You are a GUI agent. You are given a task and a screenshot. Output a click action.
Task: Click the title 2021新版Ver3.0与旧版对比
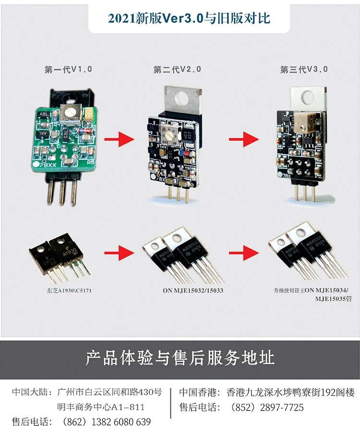tap(189, 18)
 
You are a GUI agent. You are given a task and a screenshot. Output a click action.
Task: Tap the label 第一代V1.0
tap(68, 70)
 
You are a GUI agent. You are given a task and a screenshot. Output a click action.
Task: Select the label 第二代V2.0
tap(177, 70)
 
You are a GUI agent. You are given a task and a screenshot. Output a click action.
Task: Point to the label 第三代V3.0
tap(304, 70)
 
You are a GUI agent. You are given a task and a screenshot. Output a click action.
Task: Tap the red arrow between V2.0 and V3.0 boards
tap(244, 140)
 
